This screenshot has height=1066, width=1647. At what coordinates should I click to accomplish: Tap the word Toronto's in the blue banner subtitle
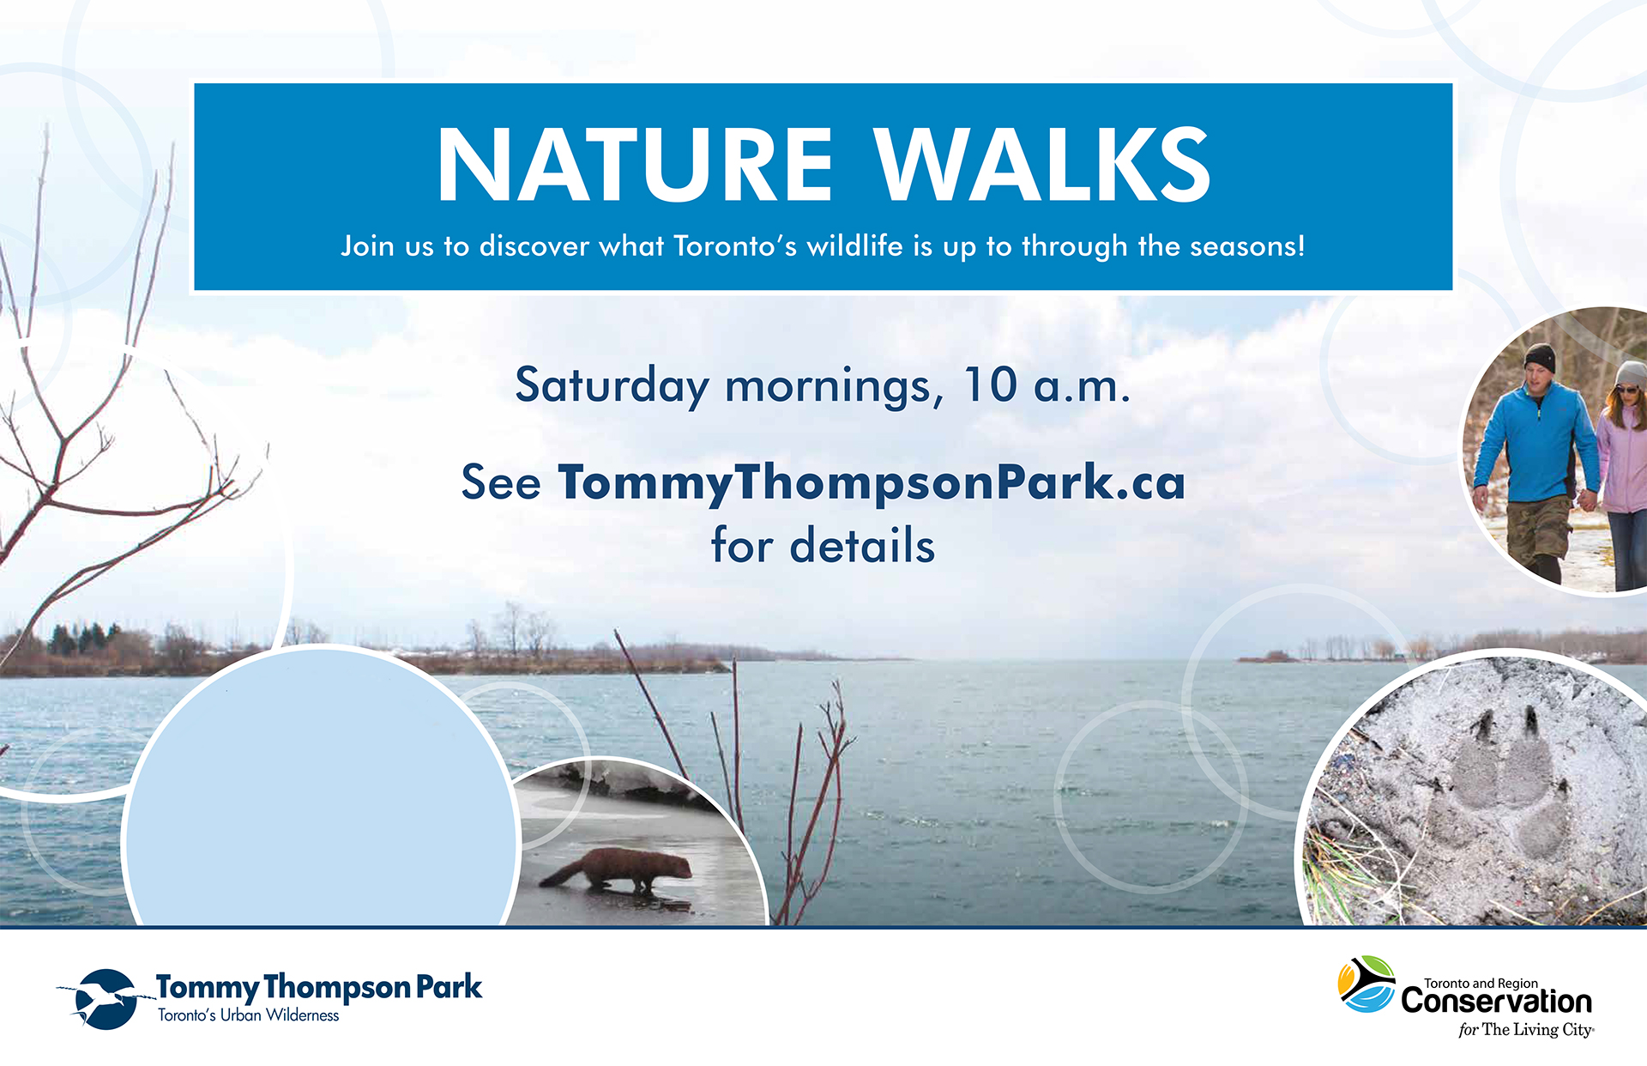pyautogui.click(x=734, y=246)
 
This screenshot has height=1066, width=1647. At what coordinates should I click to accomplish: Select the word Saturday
pyautogui.click(x=612, y=385)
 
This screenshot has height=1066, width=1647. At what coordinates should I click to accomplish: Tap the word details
pyautogui.click(x=862, y=546)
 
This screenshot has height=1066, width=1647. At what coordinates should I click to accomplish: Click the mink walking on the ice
pyautogui.click(x=619, y=869)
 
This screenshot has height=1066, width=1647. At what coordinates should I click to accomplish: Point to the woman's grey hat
pyautogui.click(x=1631, y=373)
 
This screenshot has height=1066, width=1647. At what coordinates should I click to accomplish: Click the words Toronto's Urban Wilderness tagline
pyautogui.click(x=248, y=1015)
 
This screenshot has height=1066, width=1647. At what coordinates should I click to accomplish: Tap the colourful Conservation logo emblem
pyautogui.click(x=1366, y=984)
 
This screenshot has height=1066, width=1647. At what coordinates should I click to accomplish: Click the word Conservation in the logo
pyautogui.click(x=1496, y=1002)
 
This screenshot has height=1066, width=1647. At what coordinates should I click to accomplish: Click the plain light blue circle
pyautogui.click(x=322, y=798)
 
